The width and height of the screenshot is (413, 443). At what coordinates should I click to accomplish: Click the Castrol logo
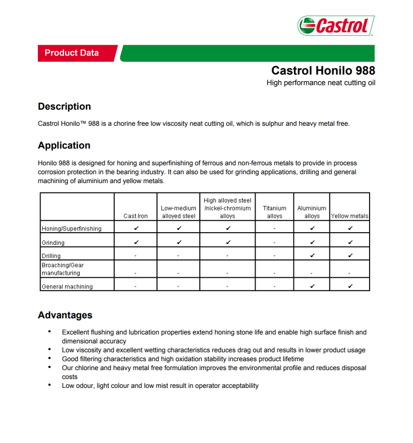(x=336, y=25)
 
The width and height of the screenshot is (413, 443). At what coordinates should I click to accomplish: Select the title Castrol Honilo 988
(x=323, y=71)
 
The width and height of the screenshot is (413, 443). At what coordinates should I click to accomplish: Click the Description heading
(x=64, y=106)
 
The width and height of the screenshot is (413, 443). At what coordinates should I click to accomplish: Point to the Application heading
(x=64, y=145)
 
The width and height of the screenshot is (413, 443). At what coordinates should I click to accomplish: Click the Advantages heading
(x=65, y=315)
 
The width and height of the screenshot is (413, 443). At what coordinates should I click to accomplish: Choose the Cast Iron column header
(x=136, y=216)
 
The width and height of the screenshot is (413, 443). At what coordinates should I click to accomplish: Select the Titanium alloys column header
(x=274, y=212)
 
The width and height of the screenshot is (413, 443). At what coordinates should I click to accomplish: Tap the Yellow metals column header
(x=350, y=216)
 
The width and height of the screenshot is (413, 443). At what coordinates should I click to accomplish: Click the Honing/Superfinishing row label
(x=72, y=229)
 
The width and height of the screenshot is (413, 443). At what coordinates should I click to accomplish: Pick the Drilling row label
(x=51, y=256)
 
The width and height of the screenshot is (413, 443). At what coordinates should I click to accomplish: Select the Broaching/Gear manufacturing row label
(x=62, y=269)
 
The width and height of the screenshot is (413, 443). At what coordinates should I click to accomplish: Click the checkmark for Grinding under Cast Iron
(x=136, y=242)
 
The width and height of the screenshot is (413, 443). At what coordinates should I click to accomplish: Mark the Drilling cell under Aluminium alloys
(x=312, y=255)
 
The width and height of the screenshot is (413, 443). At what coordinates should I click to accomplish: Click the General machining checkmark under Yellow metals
(x=350, y=286)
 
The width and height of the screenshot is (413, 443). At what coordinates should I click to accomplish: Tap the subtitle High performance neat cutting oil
(x=321, y=83)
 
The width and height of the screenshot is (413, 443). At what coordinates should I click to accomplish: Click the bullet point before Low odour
(x=50, y=385)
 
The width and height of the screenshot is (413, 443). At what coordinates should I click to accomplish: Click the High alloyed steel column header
(x=227, y=208)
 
